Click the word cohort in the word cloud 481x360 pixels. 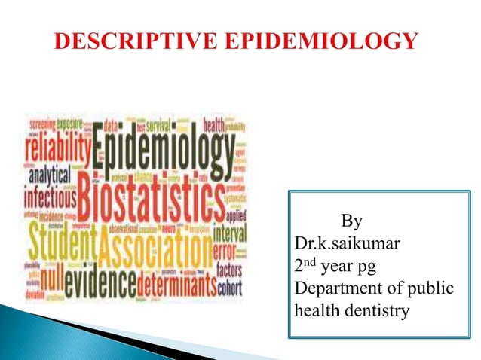(x=229, y=286)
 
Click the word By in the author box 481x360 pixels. (x=351, y=221)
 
